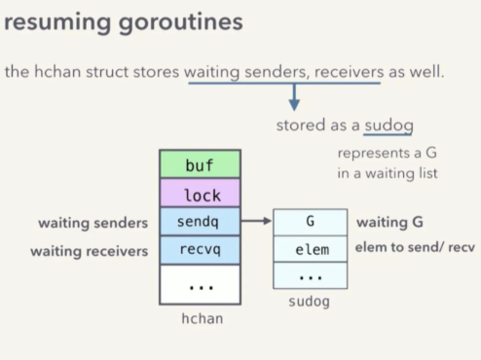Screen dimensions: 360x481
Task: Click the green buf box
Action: [199, 166]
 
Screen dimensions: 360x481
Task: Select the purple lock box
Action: [199, 195]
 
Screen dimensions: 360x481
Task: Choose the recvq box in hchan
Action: [199, 250]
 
